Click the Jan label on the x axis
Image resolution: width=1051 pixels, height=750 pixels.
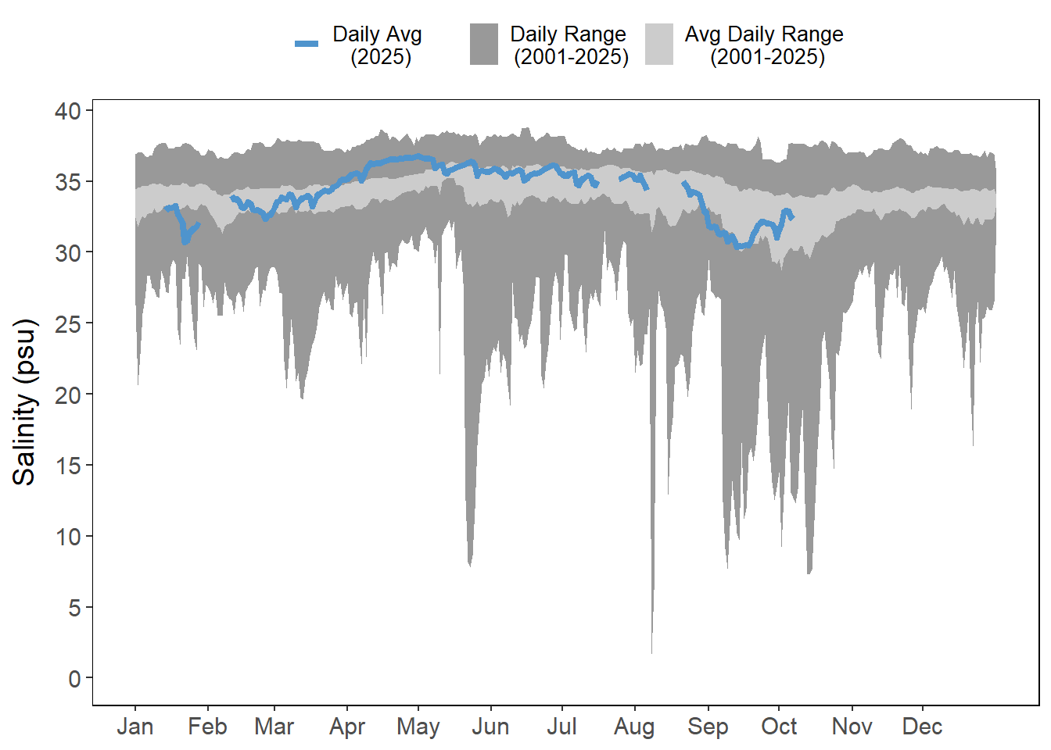(x=135, y=727)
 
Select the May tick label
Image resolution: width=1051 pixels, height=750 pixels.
(x=418, y=727)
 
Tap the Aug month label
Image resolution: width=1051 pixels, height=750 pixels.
(x=633, y=727)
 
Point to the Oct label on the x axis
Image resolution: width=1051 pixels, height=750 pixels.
(x=779, y=727)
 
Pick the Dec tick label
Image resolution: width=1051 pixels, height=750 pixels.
(x=922, y=727)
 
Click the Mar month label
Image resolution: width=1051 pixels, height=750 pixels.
(x=274, y=727)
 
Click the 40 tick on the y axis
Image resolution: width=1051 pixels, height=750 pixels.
(x=68, y=111)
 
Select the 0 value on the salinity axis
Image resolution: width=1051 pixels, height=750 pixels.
(x=74, y=678)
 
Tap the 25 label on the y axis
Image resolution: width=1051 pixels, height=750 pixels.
(x=68, y=323)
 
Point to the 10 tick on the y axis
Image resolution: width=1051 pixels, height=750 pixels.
(x=68, y=537)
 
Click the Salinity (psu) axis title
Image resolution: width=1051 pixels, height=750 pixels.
(x=25, y=402)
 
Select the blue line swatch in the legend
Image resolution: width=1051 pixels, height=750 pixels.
(x=307, y=44)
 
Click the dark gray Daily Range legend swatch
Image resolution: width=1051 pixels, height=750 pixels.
(x=484, y=44)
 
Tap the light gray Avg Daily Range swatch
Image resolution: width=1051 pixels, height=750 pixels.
(x=659, y=44)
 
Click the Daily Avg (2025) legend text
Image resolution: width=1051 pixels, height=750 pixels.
(x=378, y=45)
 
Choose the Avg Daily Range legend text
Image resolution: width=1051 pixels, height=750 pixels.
(x=765, y=45)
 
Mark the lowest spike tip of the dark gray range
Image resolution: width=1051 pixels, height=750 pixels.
(x=651, y=650)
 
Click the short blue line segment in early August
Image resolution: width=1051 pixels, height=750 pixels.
(x=634, y=178)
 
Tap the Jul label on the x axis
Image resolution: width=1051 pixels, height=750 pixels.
(x=561, y=727)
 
